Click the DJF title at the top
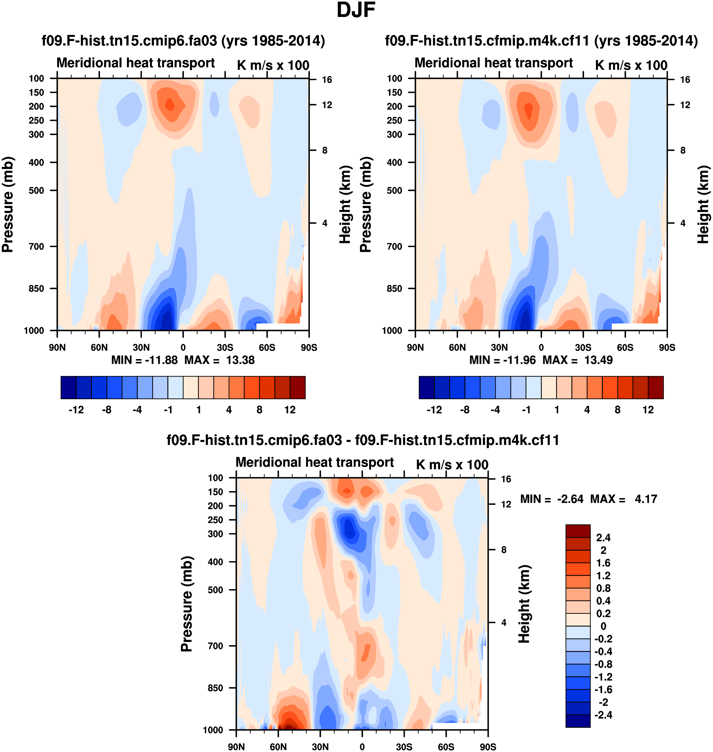pos(356,10)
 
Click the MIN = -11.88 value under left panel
pos(144,360)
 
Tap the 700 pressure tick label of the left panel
pos(37,246)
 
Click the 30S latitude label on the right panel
pos(583,347)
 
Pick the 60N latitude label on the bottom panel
pos(278,747)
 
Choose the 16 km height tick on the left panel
pos(327,80)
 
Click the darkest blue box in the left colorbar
pos(69,388)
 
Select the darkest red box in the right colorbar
pos(656,388)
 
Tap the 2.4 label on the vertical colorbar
pos(603,537)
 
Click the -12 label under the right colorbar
pos(434,410)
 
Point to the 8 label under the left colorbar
pos(259,410)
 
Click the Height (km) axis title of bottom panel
pos(524,604)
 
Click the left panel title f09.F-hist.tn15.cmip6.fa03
pos(183,40)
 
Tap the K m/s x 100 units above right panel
pos(631,65)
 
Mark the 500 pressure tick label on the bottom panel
pos(215,590)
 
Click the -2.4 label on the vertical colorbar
pos(603,715)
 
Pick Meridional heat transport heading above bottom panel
pos(315,462)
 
